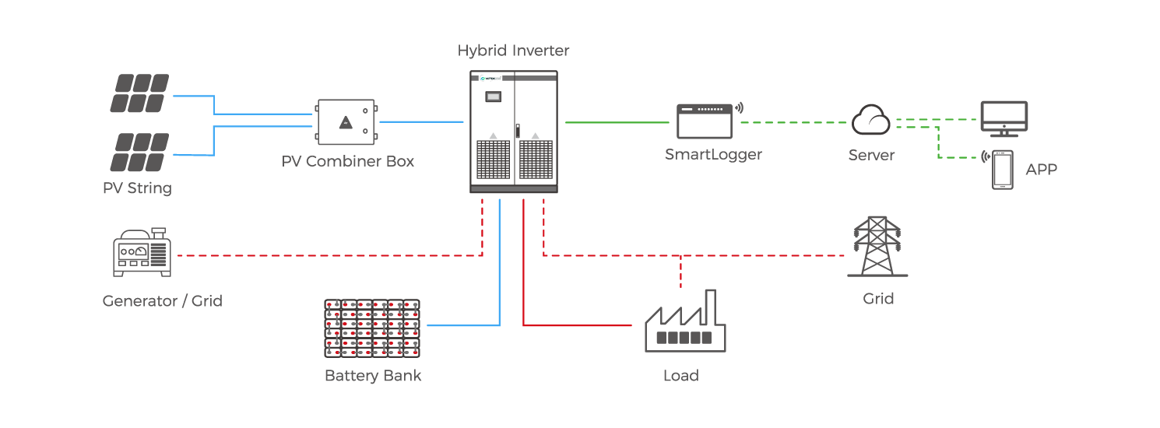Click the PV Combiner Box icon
(346, 122)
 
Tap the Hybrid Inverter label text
(513, 51)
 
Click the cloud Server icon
(871, 121)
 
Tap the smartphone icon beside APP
(1002, 170)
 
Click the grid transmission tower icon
(877, 247)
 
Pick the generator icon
(142, 253)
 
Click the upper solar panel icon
(139, 93)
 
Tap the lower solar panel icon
(139, 152)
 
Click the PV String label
(138, 188)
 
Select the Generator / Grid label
(163, 300)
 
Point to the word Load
(680, 376)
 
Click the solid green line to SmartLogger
(618, 122)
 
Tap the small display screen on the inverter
(492, 97)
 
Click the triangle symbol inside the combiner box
(346, 122)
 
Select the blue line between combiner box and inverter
(420, 122)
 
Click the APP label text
(1041, 170)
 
